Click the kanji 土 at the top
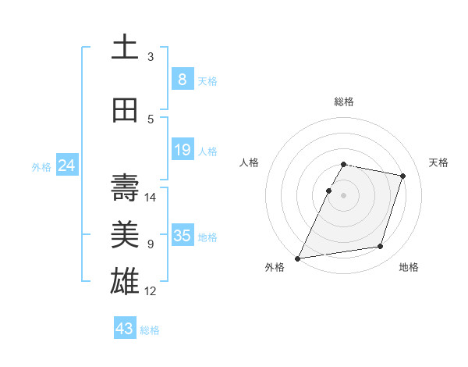125,48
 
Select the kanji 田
125,110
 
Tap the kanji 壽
125,188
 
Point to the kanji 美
125,235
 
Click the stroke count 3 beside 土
151,57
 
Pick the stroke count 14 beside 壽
151,198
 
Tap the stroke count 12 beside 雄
151,291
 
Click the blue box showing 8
182,79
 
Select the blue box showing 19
182,149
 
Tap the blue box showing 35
182,235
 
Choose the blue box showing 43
124,329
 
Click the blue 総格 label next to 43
150,330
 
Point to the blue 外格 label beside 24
41,166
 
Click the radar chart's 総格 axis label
344,102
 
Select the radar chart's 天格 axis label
438,162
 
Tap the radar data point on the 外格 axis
298,258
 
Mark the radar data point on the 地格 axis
381,247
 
